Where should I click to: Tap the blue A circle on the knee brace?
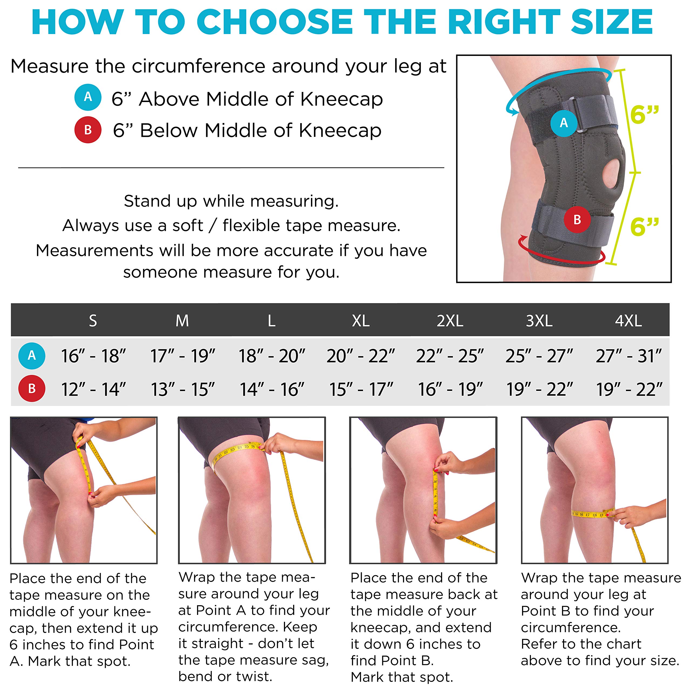[x=564, y=123]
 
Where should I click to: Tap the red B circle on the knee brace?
[x=577, y=220]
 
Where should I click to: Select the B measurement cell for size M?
[x=182, y=389]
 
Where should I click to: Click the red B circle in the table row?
[x=32, y=388]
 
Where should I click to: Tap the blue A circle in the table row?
[x=32, y=355]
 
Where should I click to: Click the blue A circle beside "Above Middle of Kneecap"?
[x=88, y=97]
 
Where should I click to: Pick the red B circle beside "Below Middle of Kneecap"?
[x=88, y=130]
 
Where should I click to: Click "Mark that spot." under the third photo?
[x=402, y=677]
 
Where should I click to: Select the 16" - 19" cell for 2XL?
[x=450, y=389]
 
